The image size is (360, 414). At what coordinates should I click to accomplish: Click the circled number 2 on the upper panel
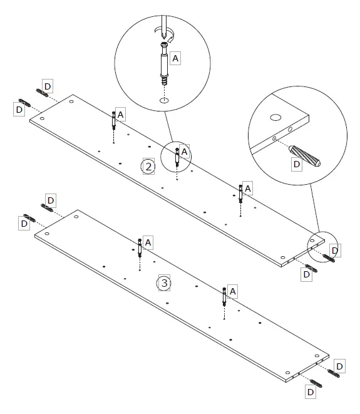click(148, 166)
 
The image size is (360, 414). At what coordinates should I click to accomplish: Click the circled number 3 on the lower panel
click(163, 283)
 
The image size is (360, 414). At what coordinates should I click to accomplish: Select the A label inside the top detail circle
click(175, 58)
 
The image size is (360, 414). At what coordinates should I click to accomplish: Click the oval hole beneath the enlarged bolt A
click(163, 100)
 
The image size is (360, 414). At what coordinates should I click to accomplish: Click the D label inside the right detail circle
click(297, 164)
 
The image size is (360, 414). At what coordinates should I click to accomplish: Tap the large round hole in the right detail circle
click(275, 116)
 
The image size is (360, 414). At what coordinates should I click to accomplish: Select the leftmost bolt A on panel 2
click(113, 120)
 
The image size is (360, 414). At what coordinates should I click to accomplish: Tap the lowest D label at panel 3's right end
click(310, 392)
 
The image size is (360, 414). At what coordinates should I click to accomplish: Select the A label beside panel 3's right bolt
click(232, 291)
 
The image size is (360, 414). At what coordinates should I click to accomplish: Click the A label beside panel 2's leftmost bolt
click(120, 113)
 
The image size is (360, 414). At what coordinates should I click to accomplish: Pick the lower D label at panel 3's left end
click(24, 222)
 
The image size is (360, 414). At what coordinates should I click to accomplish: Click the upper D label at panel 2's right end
click(335, 251)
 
